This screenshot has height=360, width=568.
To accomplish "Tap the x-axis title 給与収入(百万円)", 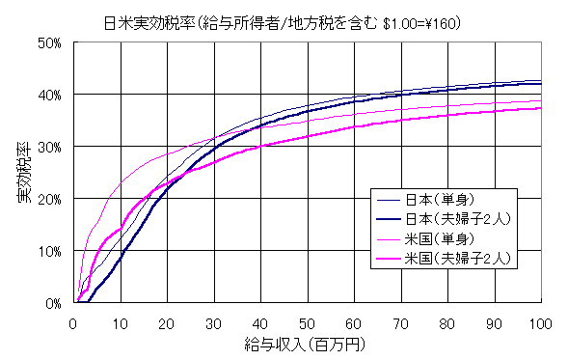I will (307, 342).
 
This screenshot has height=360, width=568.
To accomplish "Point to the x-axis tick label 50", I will (307, 321).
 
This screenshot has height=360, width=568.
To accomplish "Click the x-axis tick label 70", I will (400, 321).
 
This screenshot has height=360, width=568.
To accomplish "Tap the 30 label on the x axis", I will (214, 321).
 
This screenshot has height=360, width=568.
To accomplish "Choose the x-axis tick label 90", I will (493, 321).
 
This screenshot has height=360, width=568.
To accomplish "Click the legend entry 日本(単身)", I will (430, 200).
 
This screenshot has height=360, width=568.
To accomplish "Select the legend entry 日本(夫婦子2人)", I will (449, 218).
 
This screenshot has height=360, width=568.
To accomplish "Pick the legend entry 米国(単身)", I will (430, 238).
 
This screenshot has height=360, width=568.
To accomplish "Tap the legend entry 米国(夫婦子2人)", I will (449, 258).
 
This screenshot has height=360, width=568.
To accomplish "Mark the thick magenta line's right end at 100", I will (540, 108).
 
